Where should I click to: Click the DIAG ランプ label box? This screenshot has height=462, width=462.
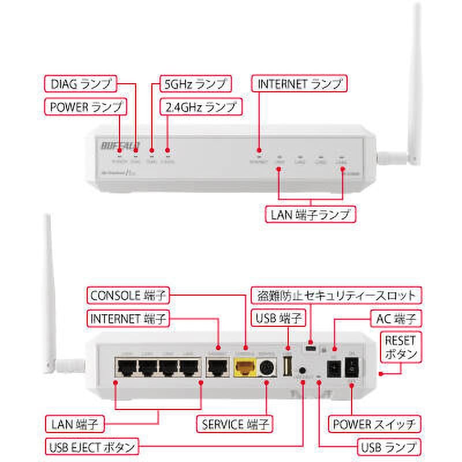coord(81,84)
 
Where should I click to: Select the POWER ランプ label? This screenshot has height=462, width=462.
coord(84,107)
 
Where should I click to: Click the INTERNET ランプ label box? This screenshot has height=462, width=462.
coord(300,83)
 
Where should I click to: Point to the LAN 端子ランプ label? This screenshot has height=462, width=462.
coord(311,214)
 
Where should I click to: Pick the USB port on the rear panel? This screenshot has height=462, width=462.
coord(288,365)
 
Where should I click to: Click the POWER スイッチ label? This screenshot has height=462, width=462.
coord(375,425)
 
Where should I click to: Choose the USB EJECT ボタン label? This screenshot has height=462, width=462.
coord(92,446)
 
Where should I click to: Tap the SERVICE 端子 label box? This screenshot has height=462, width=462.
coord(236,425)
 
